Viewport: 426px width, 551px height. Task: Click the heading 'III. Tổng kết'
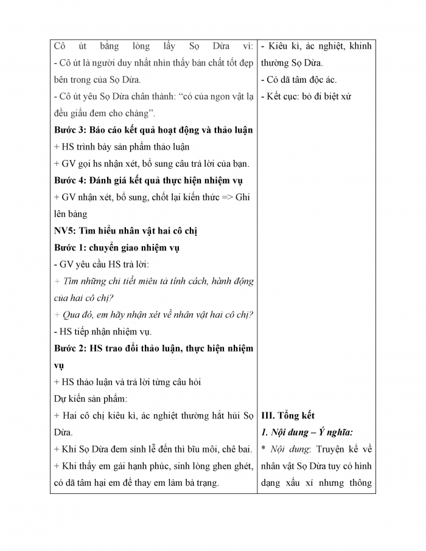[287, 416]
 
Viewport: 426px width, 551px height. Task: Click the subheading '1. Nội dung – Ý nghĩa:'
[307, 432]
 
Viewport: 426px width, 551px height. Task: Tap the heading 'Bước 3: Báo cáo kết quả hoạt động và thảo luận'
[153, 130]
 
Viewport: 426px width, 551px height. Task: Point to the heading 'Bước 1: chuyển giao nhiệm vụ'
[116, 248]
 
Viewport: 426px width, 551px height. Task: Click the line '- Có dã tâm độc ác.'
[298, 80]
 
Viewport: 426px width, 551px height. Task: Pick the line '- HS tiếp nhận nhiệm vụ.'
[102, 331]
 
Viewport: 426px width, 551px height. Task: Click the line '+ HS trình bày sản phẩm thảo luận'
[122, 147]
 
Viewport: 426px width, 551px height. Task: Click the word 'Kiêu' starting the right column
[278, 46]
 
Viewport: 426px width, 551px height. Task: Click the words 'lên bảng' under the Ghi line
[71, 214]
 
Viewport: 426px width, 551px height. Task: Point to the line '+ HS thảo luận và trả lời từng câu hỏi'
[127, 382]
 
